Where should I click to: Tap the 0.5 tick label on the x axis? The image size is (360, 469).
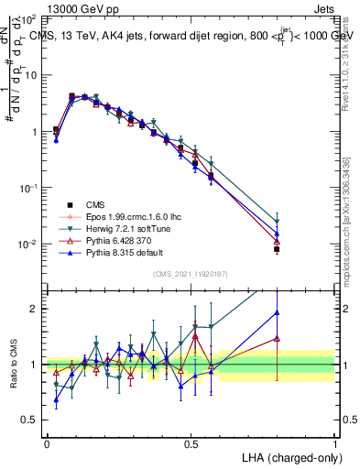click(x=191, y=442)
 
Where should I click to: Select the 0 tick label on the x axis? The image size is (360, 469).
click(x=47, y=442)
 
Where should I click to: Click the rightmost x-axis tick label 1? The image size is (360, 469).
click(x=335, y=442)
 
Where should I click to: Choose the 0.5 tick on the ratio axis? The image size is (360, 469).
click(x=32, y=420)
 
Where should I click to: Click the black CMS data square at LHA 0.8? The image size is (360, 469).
click(x=277, y=249)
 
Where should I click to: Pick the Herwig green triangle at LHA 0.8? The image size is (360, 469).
click(x=277, y=222)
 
